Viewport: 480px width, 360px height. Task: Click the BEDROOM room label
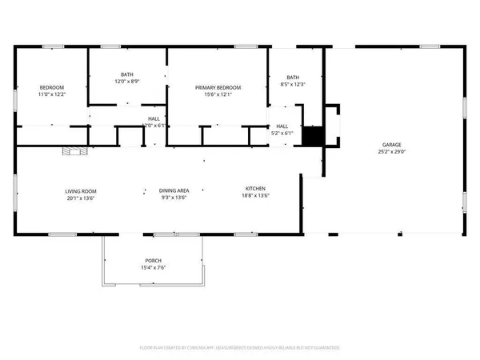(52, 87)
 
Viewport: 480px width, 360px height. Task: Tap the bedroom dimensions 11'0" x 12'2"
(52, 95)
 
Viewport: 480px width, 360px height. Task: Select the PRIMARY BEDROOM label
(218, 87)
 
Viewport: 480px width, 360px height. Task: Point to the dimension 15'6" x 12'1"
(218, 95)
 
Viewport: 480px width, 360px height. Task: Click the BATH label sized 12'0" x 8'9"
(126, 74)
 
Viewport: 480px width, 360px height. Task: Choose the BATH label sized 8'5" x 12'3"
(293, 77)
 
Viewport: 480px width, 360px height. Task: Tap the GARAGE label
(391, 145)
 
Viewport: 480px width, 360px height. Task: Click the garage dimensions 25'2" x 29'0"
(391, 153)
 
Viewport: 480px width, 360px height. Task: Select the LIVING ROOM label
(81, 190)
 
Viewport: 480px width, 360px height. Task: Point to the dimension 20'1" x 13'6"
(81, 198)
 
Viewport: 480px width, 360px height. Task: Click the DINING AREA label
(174, 190)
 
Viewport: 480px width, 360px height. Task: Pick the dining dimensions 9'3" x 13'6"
(174, 198)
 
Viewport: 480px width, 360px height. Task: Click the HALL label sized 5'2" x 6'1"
(282, 126)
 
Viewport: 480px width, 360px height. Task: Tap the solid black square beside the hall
(312, 137)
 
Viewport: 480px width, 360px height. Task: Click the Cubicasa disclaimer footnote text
(240, 348)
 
